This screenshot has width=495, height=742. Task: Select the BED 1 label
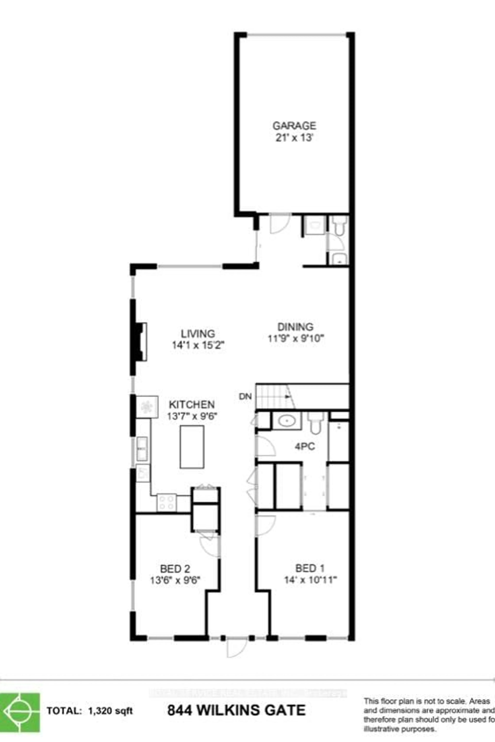(310, 568)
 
